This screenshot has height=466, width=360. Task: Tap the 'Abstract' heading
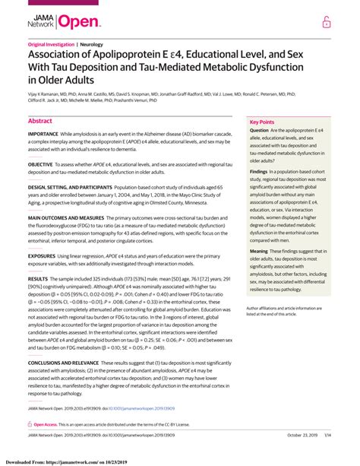click(x=39, y=121)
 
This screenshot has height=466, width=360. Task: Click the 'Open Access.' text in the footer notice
click(x=48, y=424)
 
